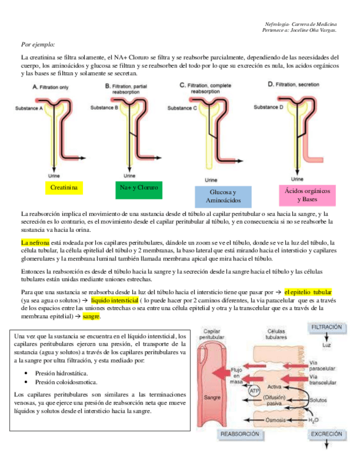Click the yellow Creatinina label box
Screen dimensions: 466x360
(63, 188)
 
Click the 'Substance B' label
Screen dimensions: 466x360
(104, 108)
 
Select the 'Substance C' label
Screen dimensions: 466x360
(182, 108)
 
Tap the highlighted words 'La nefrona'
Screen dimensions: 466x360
(35, 242)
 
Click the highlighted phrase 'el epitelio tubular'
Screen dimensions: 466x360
(308, 292)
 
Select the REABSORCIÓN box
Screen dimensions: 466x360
(240, 434)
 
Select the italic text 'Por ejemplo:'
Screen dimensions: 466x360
(38, 44)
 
